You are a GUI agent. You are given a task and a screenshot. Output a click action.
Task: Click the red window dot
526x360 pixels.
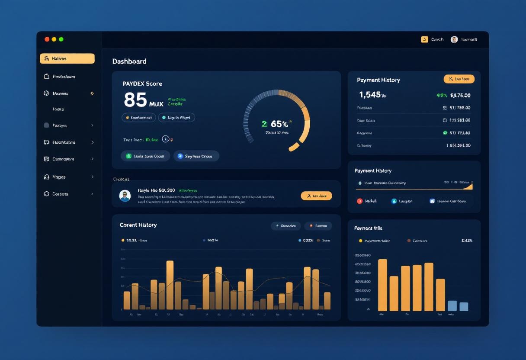click(x=47, y=39)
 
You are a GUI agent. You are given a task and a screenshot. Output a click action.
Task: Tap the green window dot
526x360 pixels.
click(x=61, y=39)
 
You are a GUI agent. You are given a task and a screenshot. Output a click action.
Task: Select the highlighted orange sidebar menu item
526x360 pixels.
click(x=67, y=58)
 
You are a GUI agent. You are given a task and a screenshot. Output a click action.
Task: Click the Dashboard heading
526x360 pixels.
click(x=129, y=61)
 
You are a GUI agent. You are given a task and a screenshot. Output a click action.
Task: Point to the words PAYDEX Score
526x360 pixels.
click(x=142, y=84)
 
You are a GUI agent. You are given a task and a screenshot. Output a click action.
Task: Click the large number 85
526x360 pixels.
click(x=135, y=100)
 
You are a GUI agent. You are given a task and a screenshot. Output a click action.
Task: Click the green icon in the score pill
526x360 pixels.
click(x=128, y=156)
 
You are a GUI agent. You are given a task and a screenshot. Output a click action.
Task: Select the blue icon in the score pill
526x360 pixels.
click(x=180, y=156)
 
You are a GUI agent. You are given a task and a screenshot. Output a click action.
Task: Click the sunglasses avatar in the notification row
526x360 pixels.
click(x=125, y=196)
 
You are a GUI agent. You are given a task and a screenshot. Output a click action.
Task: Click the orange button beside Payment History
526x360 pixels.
click(x=459, y=79)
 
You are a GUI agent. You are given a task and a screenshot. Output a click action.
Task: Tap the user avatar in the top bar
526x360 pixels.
click(x=454, y=39)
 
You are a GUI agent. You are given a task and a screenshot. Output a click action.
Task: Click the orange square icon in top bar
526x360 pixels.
click(x=424, y=39)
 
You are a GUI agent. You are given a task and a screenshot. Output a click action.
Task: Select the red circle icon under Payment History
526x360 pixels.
click(x=359, y=201)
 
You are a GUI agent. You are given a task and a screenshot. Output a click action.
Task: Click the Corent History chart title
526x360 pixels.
click(x=138, y=225)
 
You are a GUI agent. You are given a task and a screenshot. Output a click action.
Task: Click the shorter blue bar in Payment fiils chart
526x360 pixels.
click(x=464, y=306)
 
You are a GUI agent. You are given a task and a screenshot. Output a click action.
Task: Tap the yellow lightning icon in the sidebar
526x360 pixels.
click(x=92, y=93)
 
